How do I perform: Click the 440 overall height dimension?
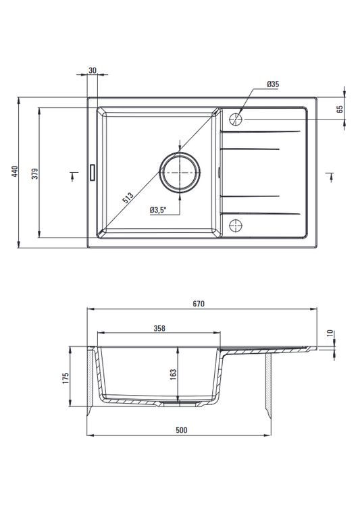(15, 171)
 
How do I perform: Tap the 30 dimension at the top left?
(93, 70)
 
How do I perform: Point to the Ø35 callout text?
(273, 84)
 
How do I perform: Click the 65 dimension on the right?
(340, 109)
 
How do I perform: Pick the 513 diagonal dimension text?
(128, 198)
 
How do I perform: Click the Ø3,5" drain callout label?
(158, 210)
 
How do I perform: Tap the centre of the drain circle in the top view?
(180, 171)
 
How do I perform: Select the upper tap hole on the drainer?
(236, 119)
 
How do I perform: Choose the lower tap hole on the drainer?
(236, 225)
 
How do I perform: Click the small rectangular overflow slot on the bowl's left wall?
(93, 171)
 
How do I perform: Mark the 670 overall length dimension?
(199, 304)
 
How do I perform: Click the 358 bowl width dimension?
(159, 328)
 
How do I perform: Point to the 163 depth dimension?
(173, 374)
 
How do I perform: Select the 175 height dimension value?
(66, 379)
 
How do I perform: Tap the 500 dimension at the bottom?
(181, 430)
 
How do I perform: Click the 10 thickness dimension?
(330, 333)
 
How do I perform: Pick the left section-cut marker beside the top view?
(74, 176)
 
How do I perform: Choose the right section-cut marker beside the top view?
(330, 176)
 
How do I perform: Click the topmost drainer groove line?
(260, 132)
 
